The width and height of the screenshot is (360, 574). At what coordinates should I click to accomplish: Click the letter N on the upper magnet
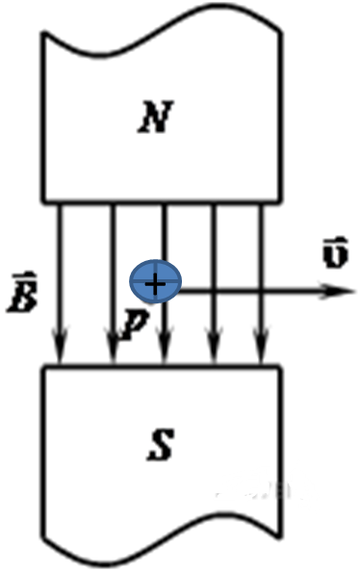pos(155,117)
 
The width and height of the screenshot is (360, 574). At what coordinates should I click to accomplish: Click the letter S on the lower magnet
pos(160,445)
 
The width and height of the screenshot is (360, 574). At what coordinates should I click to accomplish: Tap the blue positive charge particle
pos(156,281)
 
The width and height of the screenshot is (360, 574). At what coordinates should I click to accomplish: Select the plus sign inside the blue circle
pos(155,284)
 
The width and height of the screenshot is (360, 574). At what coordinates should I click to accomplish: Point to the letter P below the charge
pos(134,324)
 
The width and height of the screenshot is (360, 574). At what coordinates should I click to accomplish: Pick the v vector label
pos(336,253)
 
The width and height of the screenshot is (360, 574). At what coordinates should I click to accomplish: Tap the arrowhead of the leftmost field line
pos(60,346)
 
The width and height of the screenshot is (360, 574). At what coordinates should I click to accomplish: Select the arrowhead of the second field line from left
pos(113,346)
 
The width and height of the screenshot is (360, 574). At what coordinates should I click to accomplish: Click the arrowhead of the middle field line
pos(165,346)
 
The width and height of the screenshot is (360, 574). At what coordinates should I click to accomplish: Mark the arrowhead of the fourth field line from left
pos(215,346)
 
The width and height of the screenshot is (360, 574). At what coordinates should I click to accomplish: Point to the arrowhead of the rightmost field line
pos(261,346)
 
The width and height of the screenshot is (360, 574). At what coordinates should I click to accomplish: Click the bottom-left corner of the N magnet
pos(43,201)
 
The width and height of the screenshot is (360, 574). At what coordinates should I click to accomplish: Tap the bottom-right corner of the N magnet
pos(280,201)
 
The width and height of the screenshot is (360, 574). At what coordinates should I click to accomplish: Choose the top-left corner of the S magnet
pos(43,366)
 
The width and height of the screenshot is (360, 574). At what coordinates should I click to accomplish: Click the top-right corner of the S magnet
pos(280,366)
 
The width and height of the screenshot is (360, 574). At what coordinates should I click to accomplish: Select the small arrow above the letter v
pos(336,241)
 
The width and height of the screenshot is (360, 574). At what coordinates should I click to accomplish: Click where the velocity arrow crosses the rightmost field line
pos(261,292)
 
